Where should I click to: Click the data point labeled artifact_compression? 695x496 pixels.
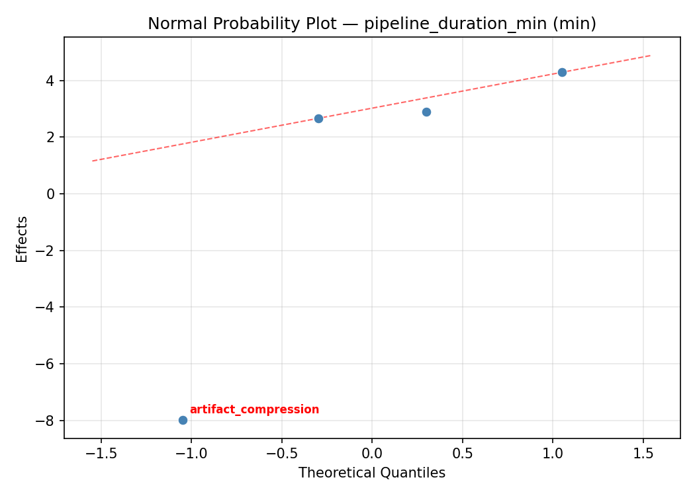point(183,420)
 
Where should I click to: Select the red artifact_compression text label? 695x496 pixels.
point(254,409)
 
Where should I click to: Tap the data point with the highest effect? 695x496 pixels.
point(562,72)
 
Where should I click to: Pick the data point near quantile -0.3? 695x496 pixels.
point(318,118)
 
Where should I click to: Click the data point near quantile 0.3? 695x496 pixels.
point(426,112)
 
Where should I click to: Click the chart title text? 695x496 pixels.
point(372,24)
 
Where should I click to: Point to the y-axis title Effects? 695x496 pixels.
point(23,239)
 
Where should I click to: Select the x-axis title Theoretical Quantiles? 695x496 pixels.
point(372,473)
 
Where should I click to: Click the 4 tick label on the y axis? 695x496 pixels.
point(51,81)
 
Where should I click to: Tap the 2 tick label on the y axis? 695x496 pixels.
point(51,138)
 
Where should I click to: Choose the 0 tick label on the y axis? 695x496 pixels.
point(51,194)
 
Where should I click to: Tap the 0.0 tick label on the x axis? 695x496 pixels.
point(372,454)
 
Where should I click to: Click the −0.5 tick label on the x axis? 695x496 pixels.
point(281,454)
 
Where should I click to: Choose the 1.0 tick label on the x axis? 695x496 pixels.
point(553,454)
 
